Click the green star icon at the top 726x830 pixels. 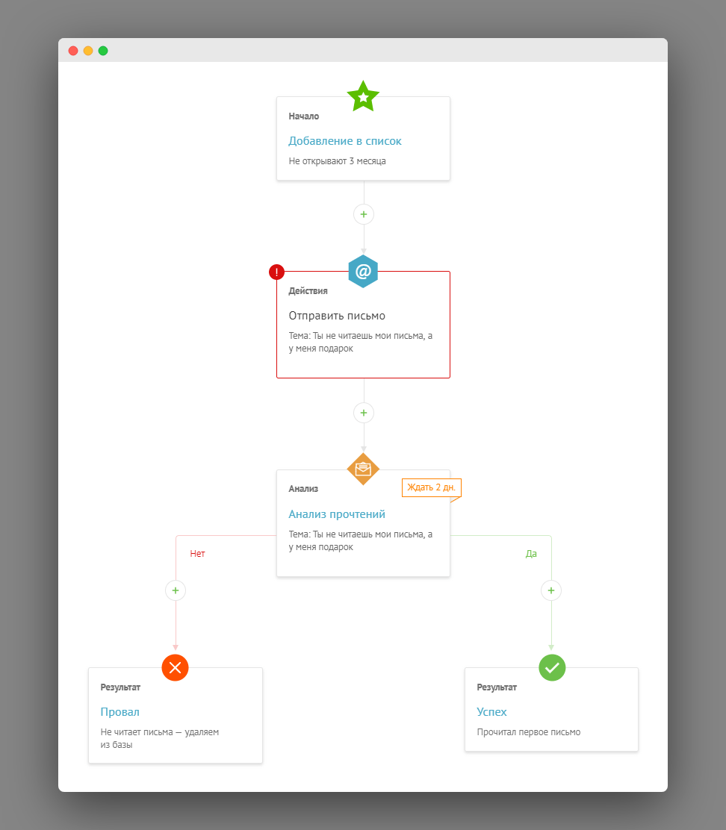click(x=363, y=96)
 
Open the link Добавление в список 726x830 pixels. click(x=345, y=141)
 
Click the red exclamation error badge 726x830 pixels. click(x=276, y=272)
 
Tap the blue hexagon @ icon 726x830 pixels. click(x=363, y=272)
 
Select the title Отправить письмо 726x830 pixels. click(x=337, y=316)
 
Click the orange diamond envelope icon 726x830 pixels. click(x=363, y=469)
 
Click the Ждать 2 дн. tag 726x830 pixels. click(x=432, y=487)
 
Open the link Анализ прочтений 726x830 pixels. click(x=337, y=514)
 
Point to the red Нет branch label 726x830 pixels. click(x=197, y=554)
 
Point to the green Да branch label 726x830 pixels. click(x=531, y=554)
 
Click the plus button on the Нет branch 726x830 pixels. click(x=176, y=590)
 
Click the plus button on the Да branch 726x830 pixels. click(x=551, y=590)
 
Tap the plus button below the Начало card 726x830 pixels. click(x=364, y=214)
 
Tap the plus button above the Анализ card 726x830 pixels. click(x=364, y=413)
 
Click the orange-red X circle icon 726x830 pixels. click(x=176, y=667)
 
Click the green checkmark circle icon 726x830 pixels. click(x=552, y=667)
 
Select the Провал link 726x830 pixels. click(x=120, y=712)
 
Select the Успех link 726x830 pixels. click(x=492, y=712)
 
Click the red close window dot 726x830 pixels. click(x=73, y=51)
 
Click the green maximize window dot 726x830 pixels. click(x=103, y=51)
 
